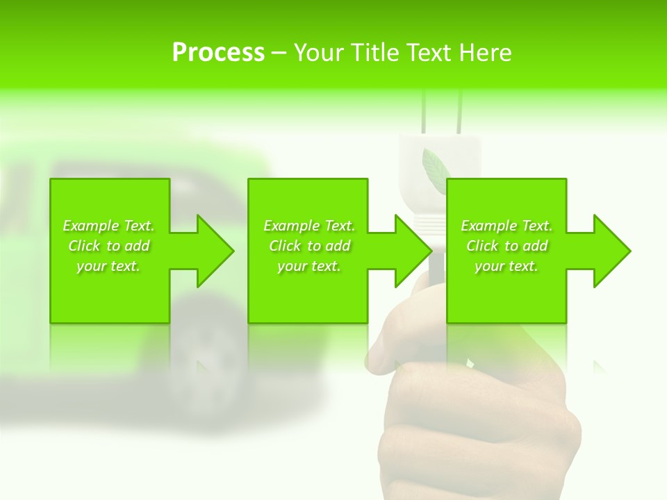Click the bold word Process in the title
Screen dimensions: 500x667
(218, 53)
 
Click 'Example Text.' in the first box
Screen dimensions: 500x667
(109, 226)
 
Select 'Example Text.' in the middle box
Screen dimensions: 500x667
(309, 226)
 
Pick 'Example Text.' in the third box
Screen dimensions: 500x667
(507, 226)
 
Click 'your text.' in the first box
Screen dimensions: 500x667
(109, 266)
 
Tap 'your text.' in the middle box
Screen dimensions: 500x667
(309, 266)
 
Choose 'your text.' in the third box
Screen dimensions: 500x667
(507, 266)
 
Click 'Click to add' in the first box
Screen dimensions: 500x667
(109, 246)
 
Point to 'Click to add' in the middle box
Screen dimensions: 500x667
(309, 246)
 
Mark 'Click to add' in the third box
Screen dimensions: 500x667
(507, 246)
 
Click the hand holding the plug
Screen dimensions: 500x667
(479, 417)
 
